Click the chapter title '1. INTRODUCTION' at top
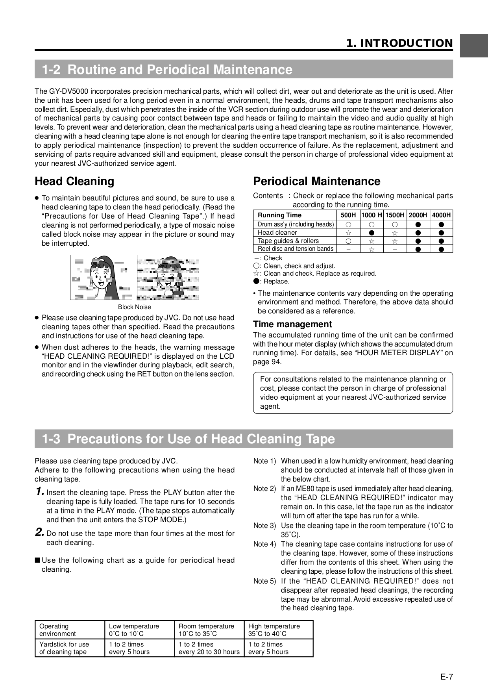pyautogui.click(x=399, y=43)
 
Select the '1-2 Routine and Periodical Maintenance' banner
pyautogui.click(x=244, y=70)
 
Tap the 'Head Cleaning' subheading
pyautogui.click(x=74, y=181)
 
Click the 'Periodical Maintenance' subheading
pyautogui.click(x=316, y=181)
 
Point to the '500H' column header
pyautogui.click(x=348, y=215)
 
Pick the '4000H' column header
pyautogui.click(x=441, y=215)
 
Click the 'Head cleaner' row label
pyautogui.click(x=277, y=232)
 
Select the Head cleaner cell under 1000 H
pyautogui.click(x=371, y=233)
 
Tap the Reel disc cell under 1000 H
pyautogui.click(x=371, y=249)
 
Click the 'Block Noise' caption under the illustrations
pyautogui.click(x=134, y=307)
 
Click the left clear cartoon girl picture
pyautogui.click(x=101, y=277)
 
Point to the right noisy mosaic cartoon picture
pyautogui.click(x=168, y=277)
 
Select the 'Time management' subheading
pyautogui.click(x=292, y=324)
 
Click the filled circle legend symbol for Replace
pyautogui.click(x=256, y=281)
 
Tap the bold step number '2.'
pyautogui.click(x=39, y=532)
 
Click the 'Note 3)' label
pyautogui.click(x=264, y=526)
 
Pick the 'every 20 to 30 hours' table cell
pyautogui.click(x=209, y=652)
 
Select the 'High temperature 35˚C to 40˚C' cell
pyautogui.click(x=278, y=630)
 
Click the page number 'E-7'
pyautogui.click(x=446, y=677)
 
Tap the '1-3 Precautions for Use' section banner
pyautogui.click(x=244, y=439)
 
